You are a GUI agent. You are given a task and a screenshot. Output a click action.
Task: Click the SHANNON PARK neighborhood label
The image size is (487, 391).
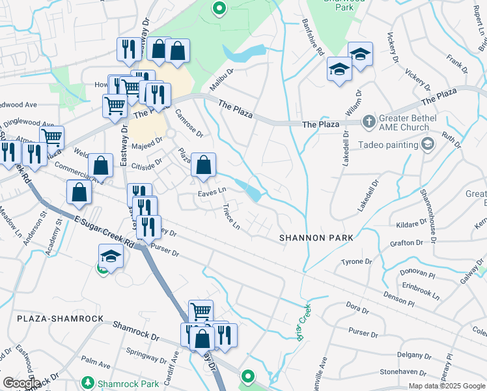click(316, 238)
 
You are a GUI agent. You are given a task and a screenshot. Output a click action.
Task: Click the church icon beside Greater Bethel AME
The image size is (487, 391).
click(369, 121)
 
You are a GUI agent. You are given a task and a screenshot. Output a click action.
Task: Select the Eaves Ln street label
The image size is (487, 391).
click(212, 191)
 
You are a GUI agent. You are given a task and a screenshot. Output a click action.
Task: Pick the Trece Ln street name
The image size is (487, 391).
click(231, 218)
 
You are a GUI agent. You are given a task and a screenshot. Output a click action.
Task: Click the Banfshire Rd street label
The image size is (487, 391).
click(313, 38)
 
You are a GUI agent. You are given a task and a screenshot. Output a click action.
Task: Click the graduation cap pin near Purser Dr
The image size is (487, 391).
click(111, 255)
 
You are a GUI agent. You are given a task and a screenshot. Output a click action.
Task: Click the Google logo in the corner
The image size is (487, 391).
click(21, 383)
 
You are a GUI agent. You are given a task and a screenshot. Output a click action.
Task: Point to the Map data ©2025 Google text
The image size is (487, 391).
click(447, 386)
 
